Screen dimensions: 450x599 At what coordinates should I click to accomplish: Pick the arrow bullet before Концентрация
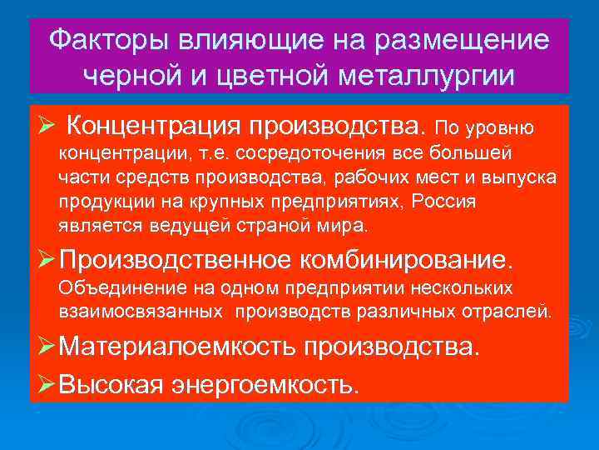click(47, 127)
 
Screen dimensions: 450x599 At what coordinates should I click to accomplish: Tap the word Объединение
click(112, 288)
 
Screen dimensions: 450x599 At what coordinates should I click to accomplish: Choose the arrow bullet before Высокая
click(47, 383)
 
